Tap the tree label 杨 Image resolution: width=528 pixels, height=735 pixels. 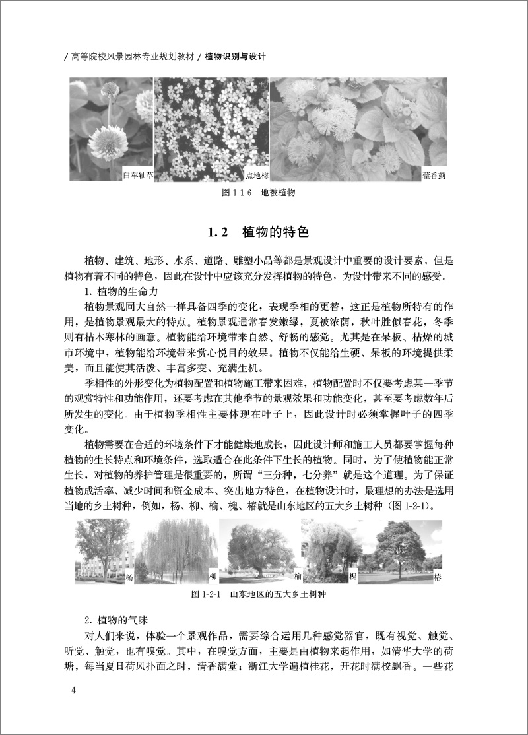pos(129,578)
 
